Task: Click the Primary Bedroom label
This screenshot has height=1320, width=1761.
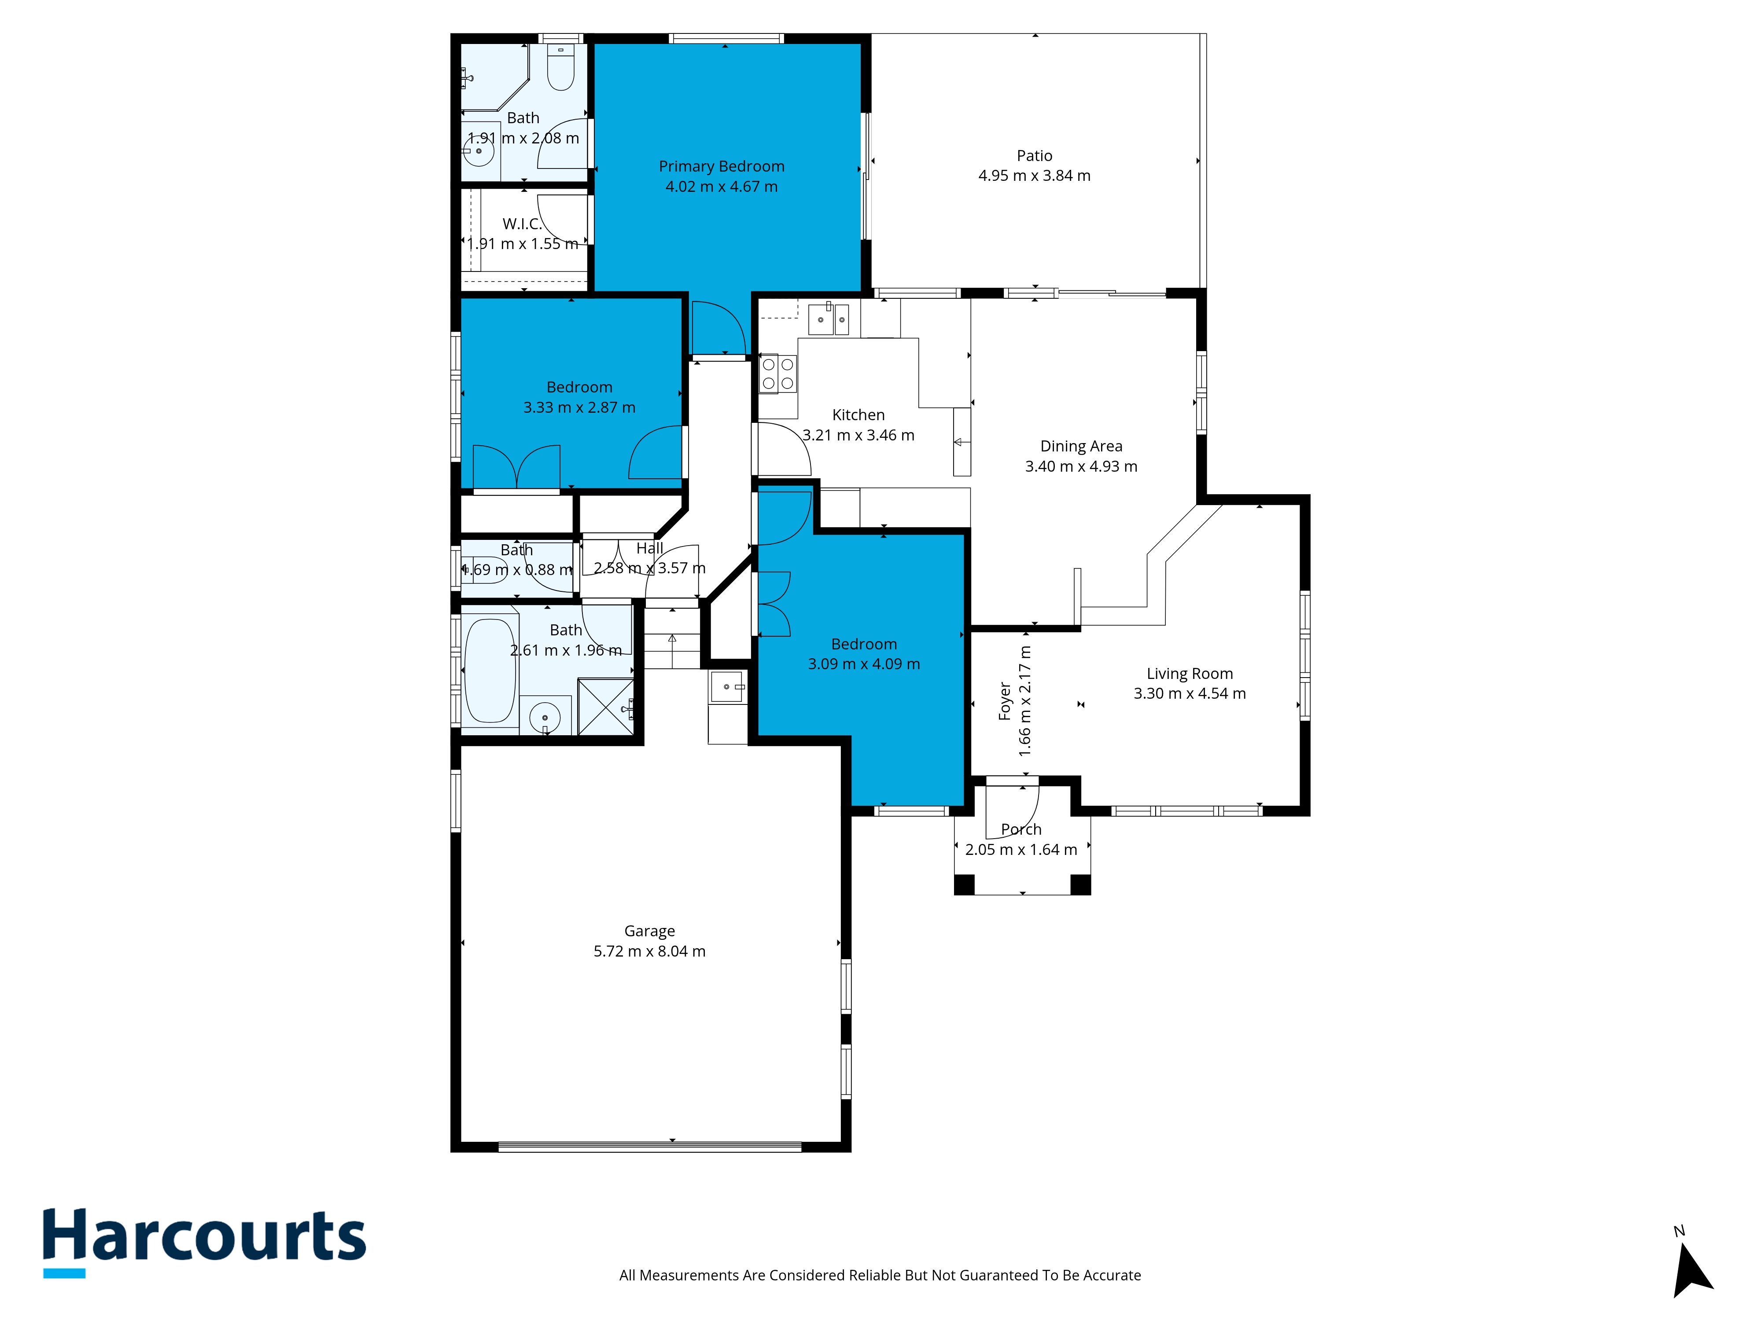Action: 721,166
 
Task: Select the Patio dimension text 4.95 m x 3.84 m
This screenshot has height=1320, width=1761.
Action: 1034,176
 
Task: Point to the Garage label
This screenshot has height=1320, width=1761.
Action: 650,931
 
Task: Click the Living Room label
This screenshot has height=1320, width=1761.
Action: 1190,674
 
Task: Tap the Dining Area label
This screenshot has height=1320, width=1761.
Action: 1081,446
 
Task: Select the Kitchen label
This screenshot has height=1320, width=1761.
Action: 858,414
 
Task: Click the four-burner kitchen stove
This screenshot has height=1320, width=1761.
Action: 778,374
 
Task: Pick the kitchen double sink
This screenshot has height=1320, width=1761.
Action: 829,319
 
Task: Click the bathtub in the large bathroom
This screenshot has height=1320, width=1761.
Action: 490,671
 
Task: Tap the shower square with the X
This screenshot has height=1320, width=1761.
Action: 605,707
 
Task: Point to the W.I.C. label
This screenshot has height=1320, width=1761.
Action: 522,224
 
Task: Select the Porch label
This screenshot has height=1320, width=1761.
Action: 1021,829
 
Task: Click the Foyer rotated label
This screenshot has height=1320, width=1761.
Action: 1005,701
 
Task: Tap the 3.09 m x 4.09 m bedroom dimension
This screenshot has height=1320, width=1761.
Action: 864,664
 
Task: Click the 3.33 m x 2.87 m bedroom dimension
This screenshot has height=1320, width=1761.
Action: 579,407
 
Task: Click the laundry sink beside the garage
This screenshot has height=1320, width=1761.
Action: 728,687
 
